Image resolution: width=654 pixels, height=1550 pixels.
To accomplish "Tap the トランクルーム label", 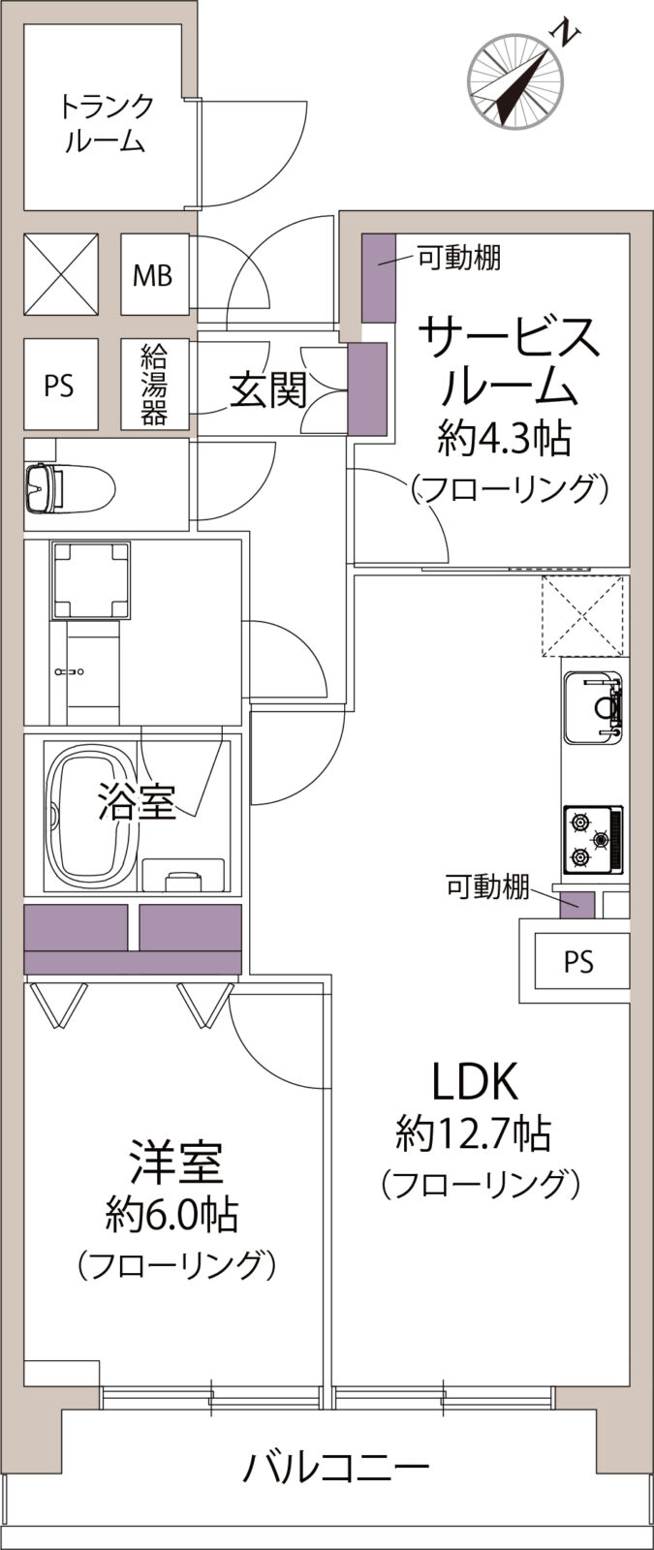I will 106,122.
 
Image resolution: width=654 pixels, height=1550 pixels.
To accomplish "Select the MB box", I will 153,275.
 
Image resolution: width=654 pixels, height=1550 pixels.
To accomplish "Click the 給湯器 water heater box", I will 154,384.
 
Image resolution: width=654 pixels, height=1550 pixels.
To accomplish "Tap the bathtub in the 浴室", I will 89,815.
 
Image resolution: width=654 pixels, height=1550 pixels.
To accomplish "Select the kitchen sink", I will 593,708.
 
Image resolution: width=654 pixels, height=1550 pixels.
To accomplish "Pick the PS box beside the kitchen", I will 578,962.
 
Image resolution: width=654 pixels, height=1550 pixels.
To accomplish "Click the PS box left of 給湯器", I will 59,385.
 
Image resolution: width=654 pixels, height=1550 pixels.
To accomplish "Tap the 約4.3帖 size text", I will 504,439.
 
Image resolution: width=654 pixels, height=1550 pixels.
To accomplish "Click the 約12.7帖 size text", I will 474,1132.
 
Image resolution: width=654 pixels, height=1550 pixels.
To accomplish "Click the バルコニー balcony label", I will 335,1469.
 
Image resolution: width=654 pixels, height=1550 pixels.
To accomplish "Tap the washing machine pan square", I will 91,580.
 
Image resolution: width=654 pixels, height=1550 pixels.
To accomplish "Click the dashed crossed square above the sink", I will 582,616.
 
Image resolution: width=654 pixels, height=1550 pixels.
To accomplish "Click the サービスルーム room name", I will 509,363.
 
